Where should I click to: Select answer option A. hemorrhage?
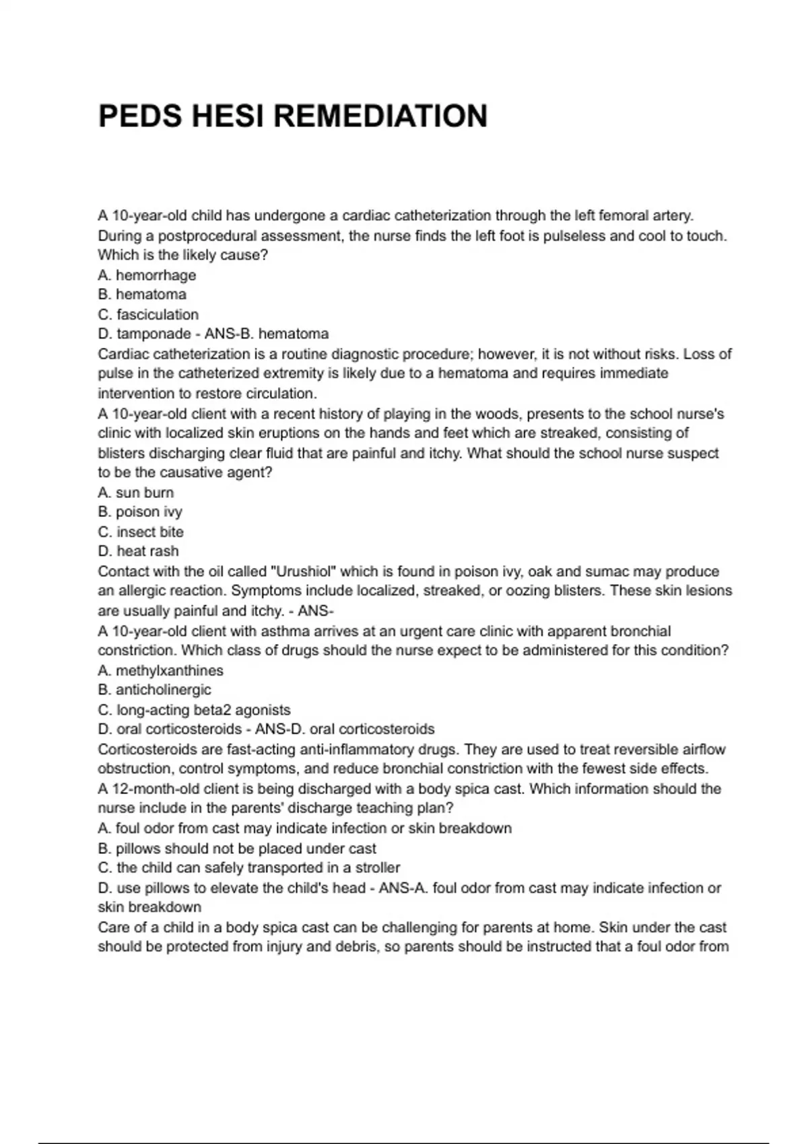point(147,275)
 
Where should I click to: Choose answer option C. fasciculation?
point(148,314)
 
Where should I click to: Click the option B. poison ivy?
point(140,511)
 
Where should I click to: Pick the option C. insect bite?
point(141,532)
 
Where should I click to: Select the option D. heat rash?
point(138,551)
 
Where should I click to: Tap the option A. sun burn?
point(135,492)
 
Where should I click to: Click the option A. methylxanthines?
point(160,670)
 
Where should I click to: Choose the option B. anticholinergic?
point(154,690)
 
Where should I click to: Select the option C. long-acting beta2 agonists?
point(194,710)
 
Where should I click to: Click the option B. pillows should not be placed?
point(237,848)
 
